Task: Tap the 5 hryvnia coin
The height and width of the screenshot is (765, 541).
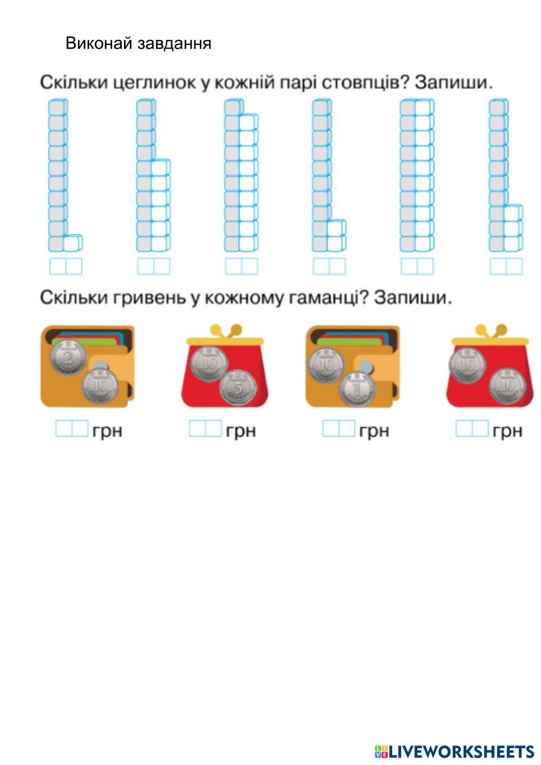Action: [x=238, y=387]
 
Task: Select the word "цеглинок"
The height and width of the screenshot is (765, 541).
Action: [x=155, y=83]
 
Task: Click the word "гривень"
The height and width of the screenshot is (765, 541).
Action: [x=145, y=298]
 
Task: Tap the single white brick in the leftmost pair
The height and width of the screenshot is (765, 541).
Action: [x=72, y=243]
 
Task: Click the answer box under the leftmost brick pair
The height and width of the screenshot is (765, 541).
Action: [x=66, y=267]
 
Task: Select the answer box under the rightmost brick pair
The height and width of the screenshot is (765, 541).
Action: [x=506, y=267]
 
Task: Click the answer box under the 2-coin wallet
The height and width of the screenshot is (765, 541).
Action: [x=71, y=429]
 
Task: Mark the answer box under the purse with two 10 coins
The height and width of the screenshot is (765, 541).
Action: [x=472, y=429]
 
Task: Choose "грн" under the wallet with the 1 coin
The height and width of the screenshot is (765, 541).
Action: [x=374, y=431]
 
